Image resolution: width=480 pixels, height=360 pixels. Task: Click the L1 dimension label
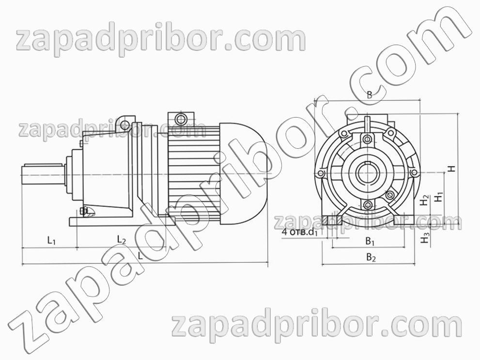pos(51,241)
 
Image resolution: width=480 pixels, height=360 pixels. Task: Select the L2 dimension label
pos(122,239)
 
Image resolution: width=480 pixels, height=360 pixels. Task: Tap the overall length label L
pos(140,256)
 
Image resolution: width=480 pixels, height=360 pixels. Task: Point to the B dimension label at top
pos(370,94)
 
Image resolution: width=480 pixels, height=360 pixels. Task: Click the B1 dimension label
pos(370,241)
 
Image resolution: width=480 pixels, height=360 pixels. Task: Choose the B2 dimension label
pos(371,257)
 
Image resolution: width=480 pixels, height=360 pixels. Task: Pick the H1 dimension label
pos(439,197)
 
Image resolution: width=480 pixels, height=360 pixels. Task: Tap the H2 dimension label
pos(424,200)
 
